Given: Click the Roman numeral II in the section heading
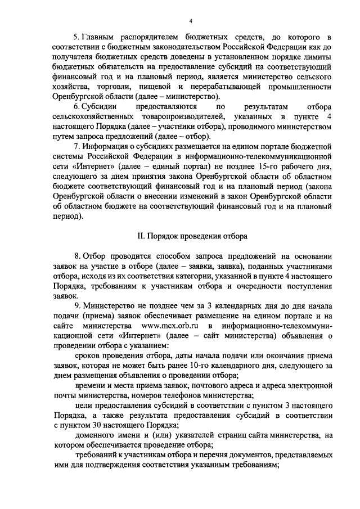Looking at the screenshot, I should (142, 236).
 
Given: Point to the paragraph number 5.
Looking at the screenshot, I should (76, 38).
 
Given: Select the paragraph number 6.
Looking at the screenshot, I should (76, 106).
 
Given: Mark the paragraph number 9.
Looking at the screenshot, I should (76, 305).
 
